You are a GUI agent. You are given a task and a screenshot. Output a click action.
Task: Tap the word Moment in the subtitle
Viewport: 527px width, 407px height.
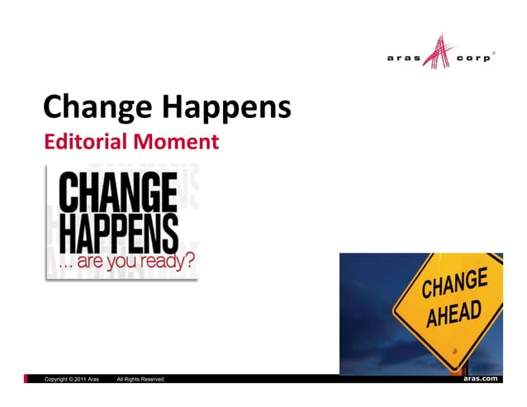178,143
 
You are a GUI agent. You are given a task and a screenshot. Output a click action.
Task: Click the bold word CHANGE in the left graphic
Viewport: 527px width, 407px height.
116,194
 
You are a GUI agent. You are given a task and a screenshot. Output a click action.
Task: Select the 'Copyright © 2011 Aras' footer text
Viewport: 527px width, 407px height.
72,379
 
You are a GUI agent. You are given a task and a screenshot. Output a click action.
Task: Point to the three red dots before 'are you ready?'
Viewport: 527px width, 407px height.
64,265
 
